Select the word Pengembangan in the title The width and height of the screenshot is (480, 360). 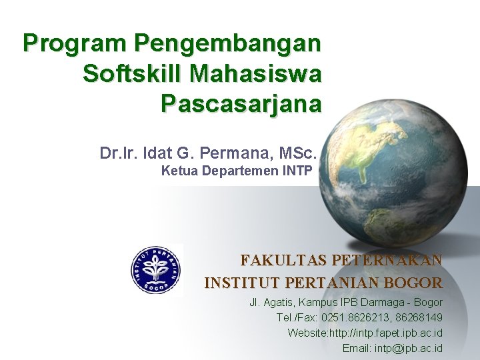coord(227,45)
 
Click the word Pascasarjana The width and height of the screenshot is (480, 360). coord(241,104)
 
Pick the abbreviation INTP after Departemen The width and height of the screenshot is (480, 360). coord(297,171)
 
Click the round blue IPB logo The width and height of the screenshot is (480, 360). coord(155,270)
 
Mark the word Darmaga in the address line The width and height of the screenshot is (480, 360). coord(376,303)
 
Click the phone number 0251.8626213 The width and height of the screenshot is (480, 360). coord(359,318)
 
